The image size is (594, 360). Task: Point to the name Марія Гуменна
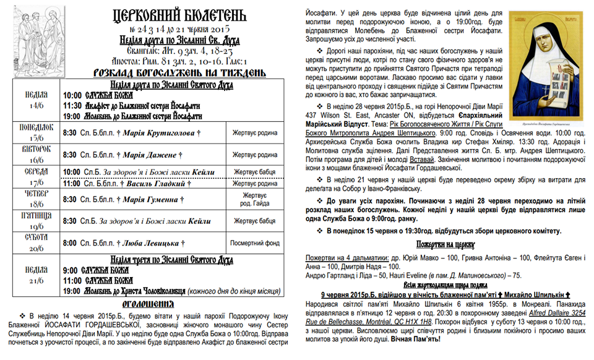(x=151, y=200)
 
